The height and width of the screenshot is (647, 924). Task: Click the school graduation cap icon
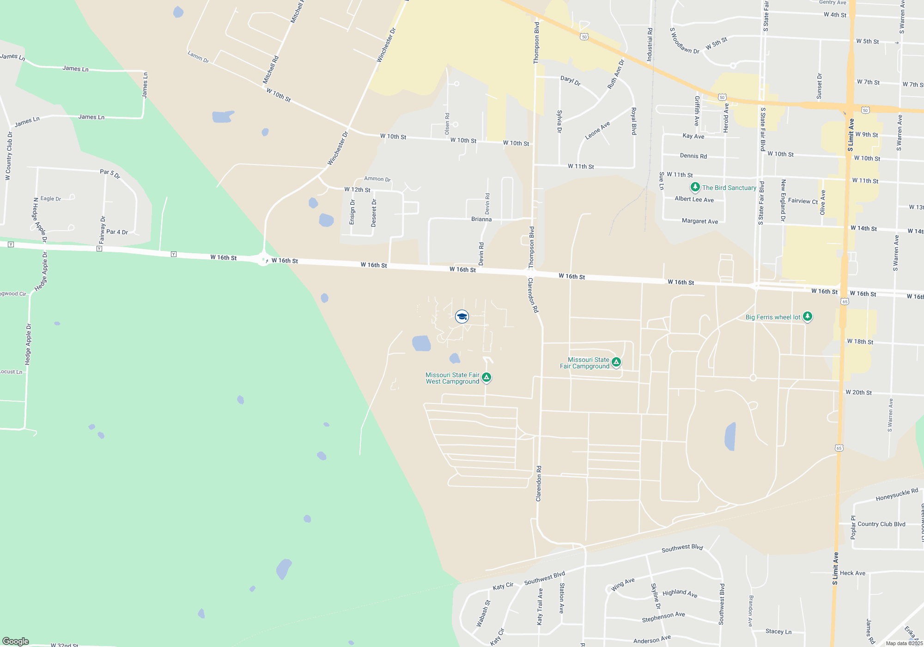462,317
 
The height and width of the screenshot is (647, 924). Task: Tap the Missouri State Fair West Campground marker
486,378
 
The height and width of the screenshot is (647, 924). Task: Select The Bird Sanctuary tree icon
695,187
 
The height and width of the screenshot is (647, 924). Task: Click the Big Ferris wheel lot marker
807,317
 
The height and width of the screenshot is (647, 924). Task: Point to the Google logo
16,641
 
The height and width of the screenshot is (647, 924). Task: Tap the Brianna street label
481,219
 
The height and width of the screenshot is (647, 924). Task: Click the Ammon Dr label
377,179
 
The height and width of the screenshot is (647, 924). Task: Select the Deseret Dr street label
374,213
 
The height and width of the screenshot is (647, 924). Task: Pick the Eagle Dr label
51,199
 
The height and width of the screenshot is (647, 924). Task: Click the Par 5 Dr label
110,173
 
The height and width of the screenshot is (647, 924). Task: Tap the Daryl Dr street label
570,80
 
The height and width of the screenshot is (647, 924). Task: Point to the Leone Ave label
597,130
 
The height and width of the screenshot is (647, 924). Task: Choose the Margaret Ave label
700,221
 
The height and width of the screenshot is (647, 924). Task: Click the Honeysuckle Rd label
897,494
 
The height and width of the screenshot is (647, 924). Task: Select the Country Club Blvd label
881,524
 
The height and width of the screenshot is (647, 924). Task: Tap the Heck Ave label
852,573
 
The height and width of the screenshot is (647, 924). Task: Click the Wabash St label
484,613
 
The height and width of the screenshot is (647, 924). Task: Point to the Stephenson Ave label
663,617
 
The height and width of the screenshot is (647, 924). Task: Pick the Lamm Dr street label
198,57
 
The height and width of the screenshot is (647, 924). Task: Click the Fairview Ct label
802,201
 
